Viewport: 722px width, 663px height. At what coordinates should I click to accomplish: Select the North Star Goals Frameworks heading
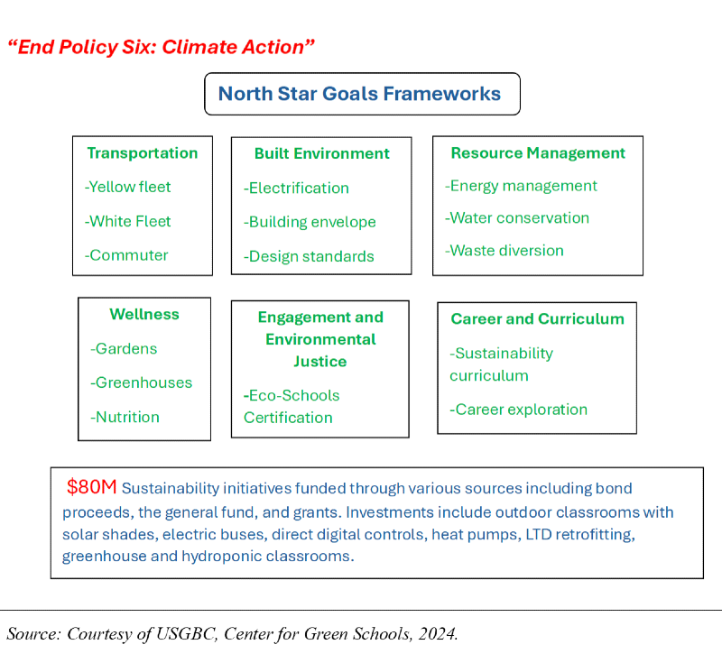359,94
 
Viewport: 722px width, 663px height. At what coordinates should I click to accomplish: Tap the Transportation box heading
142,153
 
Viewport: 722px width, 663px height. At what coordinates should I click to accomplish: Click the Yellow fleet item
128,187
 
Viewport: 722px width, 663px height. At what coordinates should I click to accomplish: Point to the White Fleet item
128,221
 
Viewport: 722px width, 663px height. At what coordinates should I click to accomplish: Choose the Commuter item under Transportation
126,255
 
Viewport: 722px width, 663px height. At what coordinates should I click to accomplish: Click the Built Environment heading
321,153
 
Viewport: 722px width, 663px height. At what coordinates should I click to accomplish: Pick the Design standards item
309,256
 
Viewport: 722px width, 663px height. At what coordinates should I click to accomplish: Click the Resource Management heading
538,153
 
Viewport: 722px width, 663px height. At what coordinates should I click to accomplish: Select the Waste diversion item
504,251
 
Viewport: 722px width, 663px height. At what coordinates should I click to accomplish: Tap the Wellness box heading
144,315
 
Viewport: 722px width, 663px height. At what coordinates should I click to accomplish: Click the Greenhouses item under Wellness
142,382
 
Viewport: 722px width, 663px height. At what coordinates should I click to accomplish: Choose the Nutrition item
125,417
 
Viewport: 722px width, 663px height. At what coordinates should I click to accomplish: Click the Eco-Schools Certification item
292,407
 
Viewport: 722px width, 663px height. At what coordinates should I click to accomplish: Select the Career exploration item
519,410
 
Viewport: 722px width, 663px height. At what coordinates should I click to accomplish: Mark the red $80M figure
91,488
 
